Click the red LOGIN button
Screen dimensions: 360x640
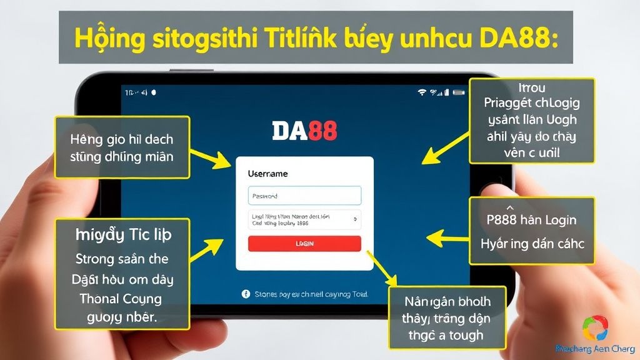click(x=304, y=244)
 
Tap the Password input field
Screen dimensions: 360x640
click(x=304, y=196)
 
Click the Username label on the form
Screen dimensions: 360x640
click(x=267, y=174)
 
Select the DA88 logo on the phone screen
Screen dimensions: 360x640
click(x=304, y=130)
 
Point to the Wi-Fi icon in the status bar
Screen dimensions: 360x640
click(x=422, y=92)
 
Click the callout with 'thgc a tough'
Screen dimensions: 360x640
click(x=439, y=318)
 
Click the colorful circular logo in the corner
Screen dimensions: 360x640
click(x=594, y=328)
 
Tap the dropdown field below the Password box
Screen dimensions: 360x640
click(x=304, y=219)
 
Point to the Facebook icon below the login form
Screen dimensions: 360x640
click(x=245, y=293)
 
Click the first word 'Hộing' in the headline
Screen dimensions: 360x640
click(x=106, y=37)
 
